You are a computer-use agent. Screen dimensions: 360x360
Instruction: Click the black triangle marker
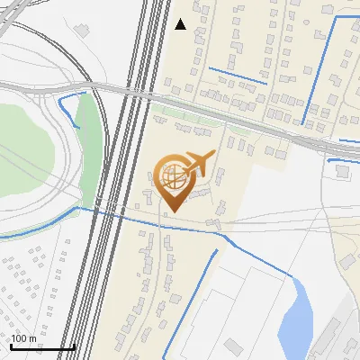click(x=181, y=24)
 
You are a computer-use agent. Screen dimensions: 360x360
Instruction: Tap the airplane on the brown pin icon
click(x=200, y=163)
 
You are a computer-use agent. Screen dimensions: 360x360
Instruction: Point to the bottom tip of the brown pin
click(x=172, y=211)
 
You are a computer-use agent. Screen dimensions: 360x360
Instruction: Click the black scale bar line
click(x=41, y=347)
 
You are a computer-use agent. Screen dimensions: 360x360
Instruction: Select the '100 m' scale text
click(x=23, y=338)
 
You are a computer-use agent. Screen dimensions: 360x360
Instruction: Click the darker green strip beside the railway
click(x=87, y=144)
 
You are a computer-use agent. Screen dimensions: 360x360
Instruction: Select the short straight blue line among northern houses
click(x=238, y=76)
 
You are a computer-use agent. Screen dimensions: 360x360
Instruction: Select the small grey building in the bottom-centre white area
click(x=234, y=346)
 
